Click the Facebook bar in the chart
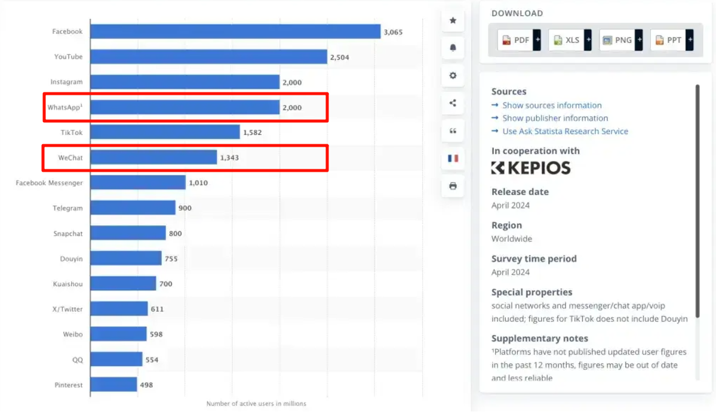pos(235,32)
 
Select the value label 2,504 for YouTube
pos(339,57)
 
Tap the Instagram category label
pos(66,82)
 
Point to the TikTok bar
pos(165,132)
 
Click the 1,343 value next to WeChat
pos(229,158)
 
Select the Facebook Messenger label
pos(49,183)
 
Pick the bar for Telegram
pos(133,208)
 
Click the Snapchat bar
pos(128,233)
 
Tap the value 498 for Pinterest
pos(146,385)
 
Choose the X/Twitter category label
pos(67,309)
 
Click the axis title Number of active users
pos(256,404)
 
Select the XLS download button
pos(566,40)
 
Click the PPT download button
pos(668,40)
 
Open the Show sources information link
pos(551,106)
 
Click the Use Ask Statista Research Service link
pos(564,131)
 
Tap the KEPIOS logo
pos(530,168)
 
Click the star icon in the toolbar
pos(453,21)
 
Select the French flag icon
pos(453,158)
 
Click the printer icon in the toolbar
pos(453,186)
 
